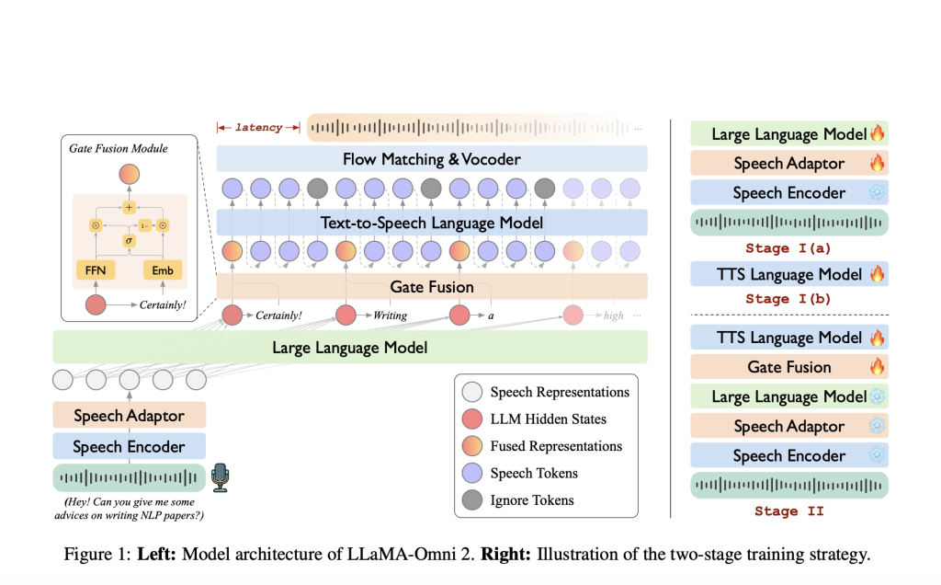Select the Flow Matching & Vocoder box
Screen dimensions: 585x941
(x=432, y=159)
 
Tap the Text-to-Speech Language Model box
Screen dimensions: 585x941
(x=432, y=222)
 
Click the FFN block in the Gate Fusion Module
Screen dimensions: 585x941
(x=94, y=270)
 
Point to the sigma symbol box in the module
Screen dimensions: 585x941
(x=130, y=240)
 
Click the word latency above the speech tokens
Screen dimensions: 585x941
(x=259, y=128)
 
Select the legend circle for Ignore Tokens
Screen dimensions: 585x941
(x=471, y=500)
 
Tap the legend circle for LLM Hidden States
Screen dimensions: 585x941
(x=471, y=419)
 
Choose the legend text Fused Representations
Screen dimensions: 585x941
(x=556, y=446)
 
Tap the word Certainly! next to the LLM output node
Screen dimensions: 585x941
(x=278, y=315)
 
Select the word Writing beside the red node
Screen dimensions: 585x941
(x=390, y=315)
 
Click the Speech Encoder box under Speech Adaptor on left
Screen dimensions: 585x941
(x=129, y=447)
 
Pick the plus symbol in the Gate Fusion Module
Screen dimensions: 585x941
(x=130, y=208)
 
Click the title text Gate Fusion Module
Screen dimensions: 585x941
(x=119, y=148)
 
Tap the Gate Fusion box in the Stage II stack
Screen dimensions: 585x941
(x=788, y=367)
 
